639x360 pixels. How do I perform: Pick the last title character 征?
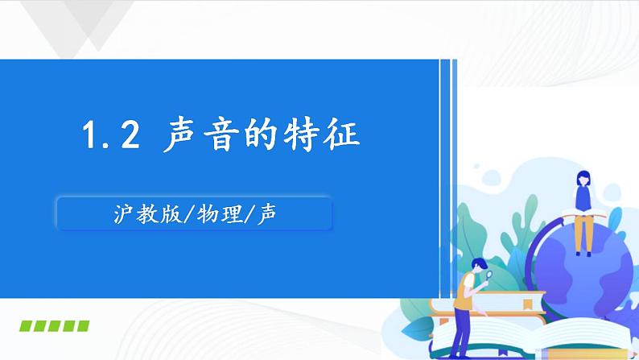(x=360, y=135)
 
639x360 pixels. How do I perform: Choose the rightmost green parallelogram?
(x=81, y=326)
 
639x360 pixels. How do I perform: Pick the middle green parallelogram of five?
(x=54, y=326)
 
